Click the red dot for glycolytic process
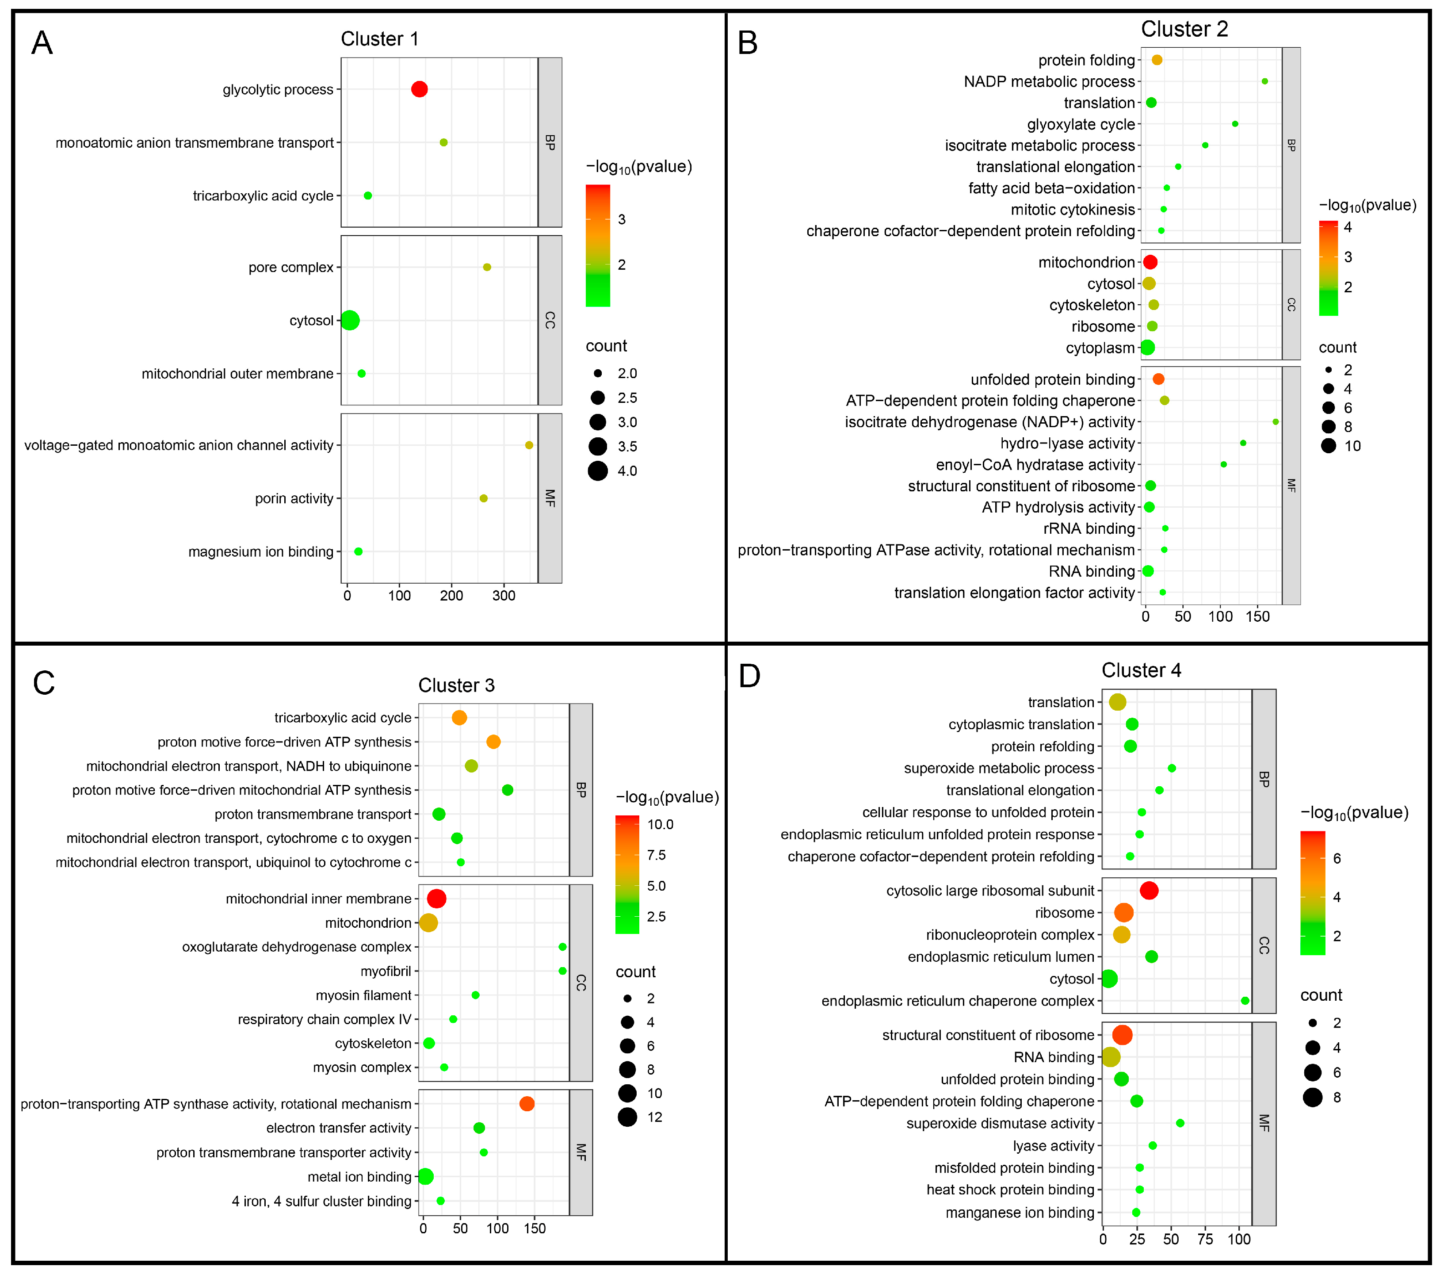[x=419, y=89]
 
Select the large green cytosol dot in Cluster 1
[x=350, y=321]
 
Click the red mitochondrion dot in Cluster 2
[x=1150, y=262]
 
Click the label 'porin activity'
[x=294, y=499]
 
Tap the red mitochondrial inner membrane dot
[x=437, y=899]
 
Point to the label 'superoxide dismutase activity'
[x=1000, y=1123]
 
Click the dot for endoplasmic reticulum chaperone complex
[x=1245, y=1001]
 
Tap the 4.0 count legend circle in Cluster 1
[x=598, y=471]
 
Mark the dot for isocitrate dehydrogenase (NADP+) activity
[x=1275, y=422]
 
